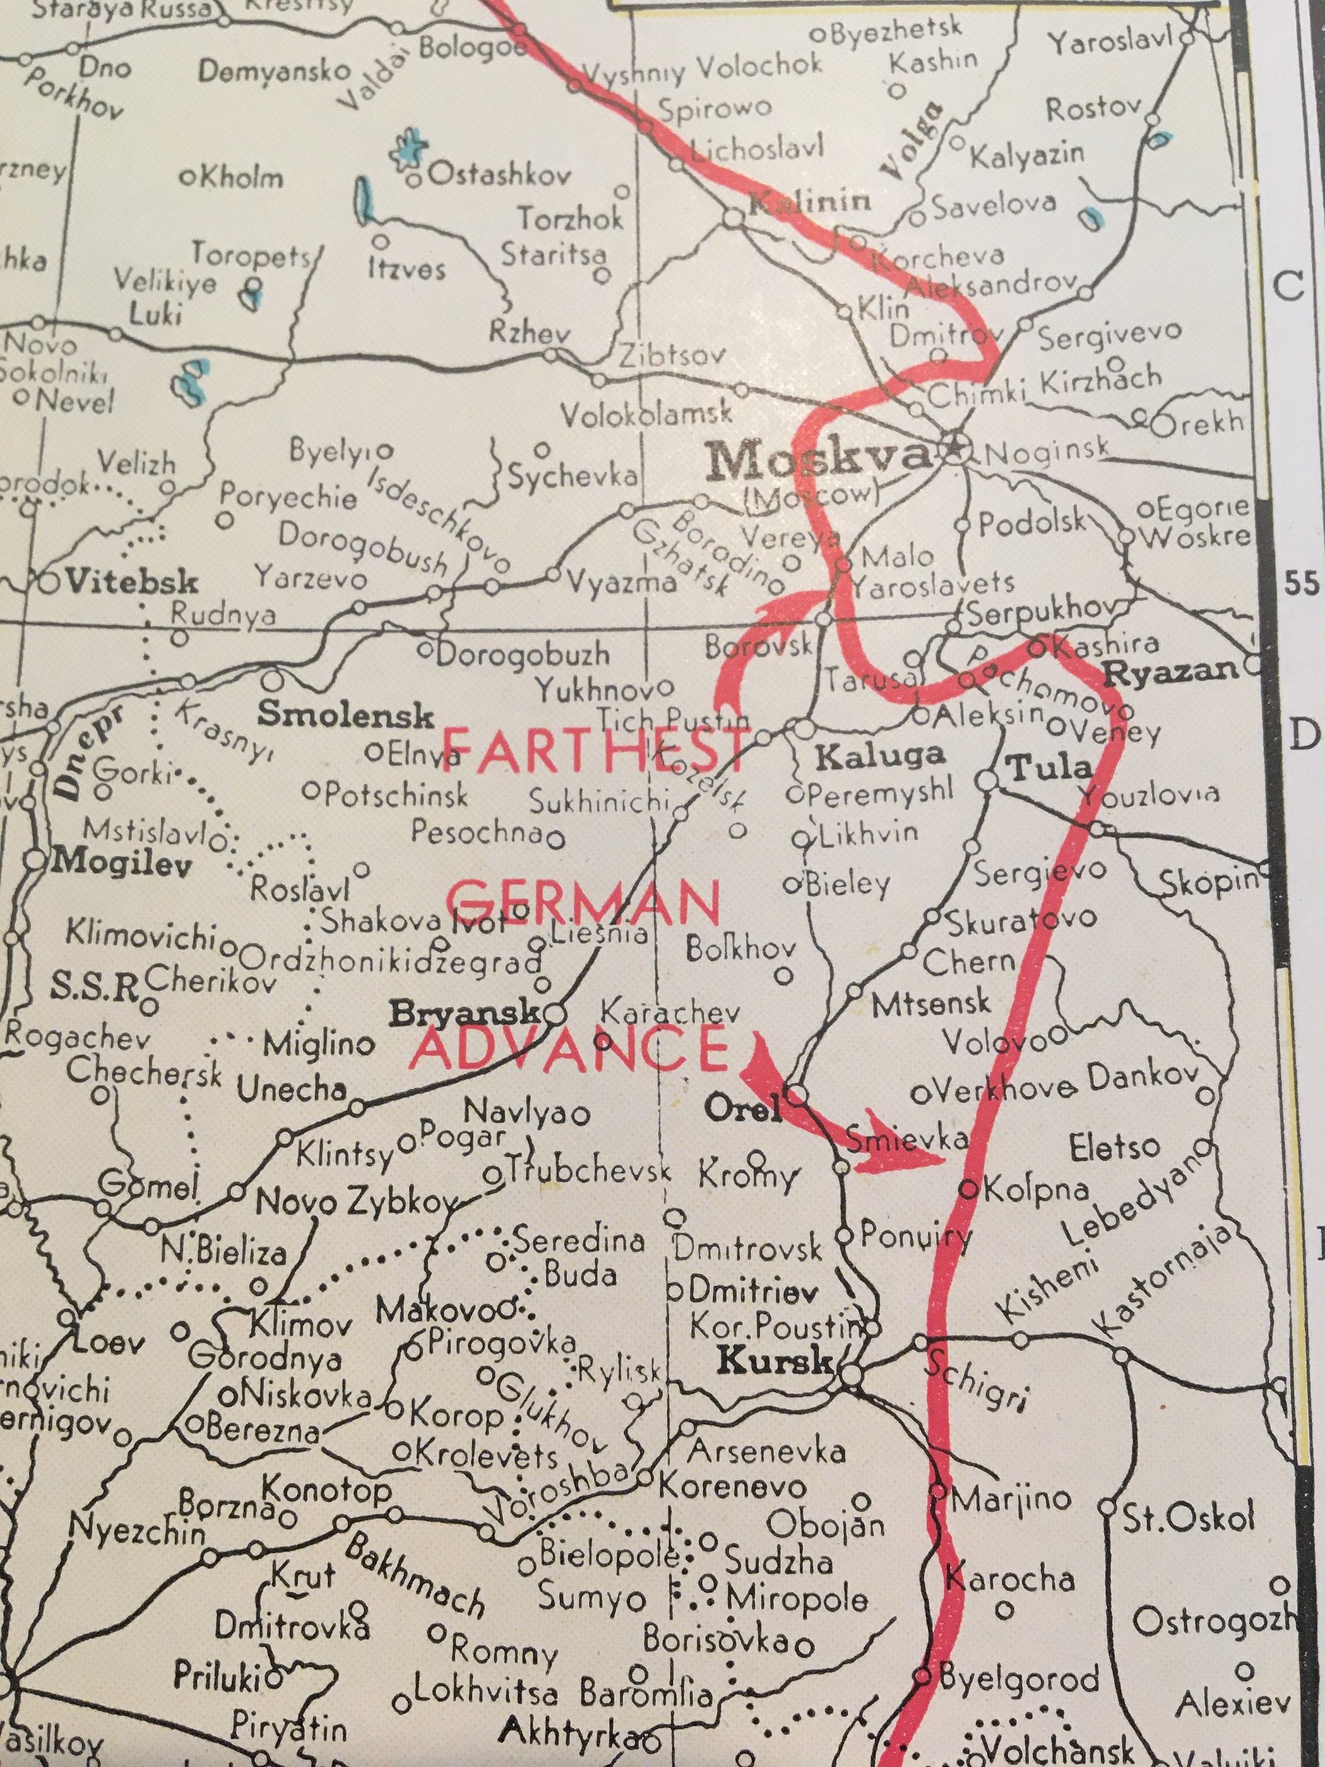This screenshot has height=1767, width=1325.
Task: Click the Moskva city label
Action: (x=818, y=459)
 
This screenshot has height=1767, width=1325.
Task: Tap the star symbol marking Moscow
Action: (x=955, y=450)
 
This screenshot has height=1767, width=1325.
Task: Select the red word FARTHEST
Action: (x=595, y=752)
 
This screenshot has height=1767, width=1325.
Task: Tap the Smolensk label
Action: (x=345, y=715)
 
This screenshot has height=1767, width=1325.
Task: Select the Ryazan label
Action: (x=1170, y=673)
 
